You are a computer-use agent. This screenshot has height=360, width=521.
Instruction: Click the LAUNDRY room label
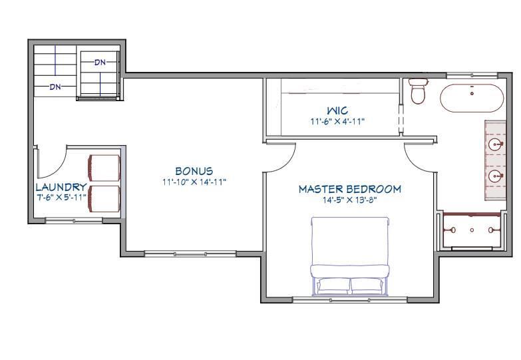(x=61, y=188)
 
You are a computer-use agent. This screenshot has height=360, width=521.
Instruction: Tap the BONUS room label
(x=194, y=172)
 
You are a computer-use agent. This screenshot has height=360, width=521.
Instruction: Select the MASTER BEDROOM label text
(x=349, y=190)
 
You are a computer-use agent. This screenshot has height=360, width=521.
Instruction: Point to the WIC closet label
(x=337, y=110)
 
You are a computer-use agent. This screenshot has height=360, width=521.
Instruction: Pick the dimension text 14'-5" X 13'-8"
(x=349, y=200)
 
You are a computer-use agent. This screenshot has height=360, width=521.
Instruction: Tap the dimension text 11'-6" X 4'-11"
(x=337, y=121)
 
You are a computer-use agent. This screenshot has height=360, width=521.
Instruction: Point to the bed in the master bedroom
(x=350, y=256)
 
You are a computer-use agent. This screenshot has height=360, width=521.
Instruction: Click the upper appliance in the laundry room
(x=104, y=169)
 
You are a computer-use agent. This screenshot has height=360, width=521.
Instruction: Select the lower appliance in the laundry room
(x=104, y=200)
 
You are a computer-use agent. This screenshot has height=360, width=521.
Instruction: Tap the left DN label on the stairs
(x=55, y=87)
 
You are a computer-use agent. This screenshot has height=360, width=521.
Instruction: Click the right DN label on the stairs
(x=100, y=62)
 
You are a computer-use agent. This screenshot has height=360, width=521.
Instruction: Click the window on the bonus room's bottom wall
(x=176, y=254)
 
